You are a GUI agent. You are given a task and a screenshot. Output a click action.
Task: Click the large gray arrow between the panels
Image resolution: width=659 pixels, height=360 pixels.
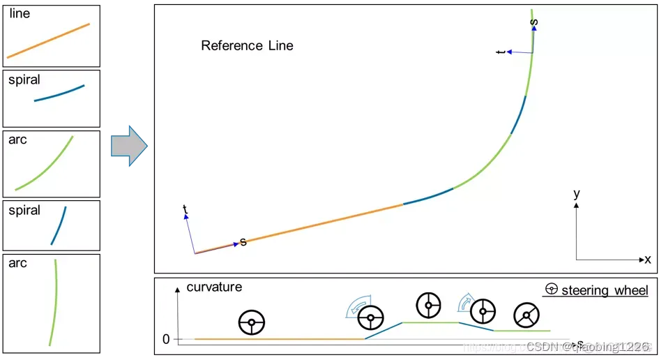(x=129, y=146)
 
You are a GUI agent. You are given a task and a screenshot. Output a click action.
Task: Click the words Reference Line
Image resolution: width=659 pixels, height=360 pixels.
(x=247, y=46)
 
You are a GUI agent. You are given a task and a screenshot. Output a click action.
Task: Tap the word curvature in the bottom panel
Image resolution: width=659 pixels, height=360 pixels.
(x=214, y=287)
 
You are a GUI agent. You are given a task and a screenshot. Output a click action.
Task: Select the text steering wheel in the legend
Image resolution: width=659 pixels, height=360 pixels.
(x=605, y=290)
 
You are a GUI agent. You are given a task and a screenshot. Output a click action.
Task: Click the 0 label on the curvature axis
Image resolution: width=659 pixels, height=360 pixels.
(x=166, y=340)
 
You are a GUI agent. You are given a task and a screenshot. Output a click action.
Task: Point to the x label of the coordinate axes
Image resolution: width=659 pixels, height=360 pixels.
(x=648, y=260)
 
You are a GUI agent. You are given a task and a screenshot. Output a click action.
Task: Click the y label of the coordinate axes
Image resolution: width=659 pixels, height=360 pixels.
(x=577, y=195)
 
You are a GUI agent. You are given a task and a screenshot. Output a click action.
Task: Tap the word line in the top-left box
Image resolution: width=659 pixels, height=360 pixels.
(x=20, y=13)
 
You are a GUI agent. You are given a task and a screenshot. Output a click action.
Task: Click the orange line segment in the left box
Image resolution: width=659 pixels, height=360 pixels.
(x=49, y=40)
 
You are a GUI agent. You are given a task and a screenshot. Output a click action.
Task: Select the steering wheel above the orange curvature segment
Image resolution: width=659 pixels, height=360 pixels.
(x=252, y=323)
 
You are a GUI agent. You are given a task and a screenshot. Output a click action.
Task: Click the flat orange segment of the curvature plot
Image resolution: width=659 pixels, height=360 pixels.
(x=279, y=339)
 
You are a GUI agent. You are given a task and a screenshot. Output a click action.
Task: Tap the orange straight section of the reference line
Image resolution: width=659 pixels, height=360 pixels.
(x=321, y=223)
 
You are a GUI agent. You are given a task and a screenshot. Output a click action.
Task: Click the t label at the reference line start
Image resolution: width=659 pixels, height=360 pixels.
(x=185, y=209)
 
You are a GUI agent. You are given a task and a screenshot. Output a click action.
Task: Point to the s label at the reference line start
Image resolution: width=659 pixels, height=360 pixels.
(x=243, y=242)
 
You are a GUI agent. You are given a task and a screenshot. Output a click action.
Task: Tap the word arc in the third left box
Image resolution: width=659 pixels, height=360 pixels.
(x=17, y=140)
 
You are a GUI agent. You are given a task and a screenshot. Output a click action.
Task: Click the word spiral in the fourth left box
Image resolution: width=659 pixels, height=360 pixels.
(x=24, y=210)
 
